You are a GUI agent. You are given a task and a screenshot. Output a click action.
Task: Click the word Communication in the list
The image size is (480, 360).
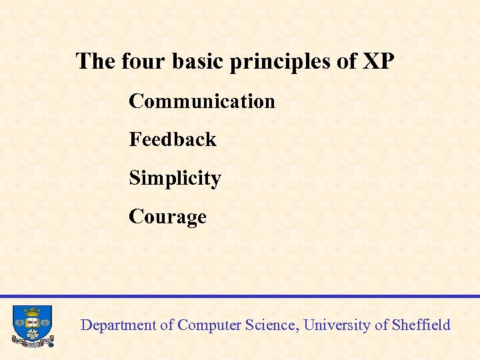click(x=202, y=101)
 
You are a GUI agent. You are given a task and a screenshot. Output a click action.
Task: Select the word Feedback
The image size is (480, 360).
click(x=173, y=140)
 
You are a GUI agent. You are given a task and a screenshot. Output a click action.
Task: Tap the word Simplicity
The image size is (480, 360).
click(x=175, y=179)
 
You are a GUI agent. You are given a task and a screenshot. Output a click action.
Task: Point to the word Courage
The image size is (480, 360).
click(x=167, y=217)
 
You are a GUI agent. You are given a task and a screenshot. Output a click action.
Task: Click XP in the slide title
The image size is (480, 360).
click(x=379, y=61)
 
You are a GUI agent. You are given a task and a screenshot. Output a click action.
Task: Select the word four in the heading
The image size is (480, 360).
click(x=144, y=61)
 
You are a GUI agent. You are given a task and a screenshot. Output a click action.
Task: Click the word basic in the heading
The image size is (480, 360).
click(x=199, y=61)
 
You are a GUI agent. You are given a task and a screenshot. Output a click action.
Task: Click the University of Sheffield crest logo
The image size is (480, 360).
click(x=32, y=326)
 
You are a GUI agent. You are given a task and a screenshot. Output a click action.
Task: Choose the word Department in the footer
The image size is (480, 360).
click(x=118, y=325)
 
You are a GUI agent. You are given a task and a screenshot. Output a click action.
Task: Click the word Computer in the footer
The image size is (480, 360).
click(x=207, y=325)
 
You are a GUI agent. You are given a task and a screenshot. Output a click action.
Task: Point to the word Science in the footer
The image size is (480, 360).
click(x=269, y=325)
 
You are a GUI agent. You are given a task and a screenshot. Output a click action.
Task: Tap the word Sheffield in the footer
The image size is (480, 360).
click(x=421, y=325)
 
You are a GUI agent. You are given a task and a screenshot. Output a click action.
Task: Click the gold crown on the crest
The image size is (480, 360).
click(x=32, y=311)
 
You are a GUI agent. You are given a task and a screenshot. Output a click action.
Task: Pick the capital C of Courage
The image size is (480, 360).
click(x=136, y=217)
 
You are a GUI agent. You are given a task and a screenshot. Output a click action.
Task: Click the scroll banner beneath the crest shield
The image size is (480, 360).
click(x=32, y=343)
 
